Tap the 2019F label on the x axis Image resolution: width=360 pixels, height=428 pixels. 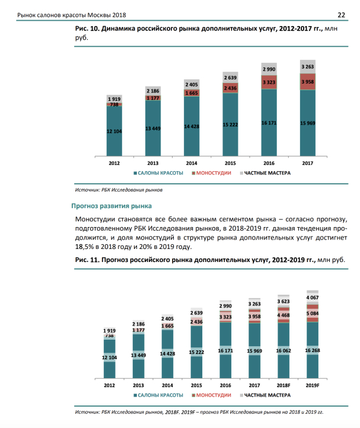pos(312,385)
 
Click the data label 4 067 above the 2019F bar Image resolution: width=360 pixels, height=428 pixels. pos(313,297)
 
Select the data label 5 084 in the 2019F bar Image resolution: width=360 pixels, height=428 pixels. pos(313,313)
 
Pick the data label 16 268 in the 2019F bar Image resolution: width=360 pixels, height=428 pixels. pos(313,350)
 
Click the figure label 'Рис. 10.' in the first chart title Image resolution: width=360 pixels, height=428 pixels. pos(87,28)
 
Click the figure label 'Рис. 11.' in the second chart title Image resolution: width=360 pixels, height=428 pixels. pos(87,260)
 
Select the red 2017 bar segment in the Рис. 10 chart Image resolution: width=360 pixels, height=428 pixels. pos(307,82)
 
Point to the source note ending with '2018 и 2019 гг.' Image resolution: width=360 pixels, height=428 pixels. pos(199,412)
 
